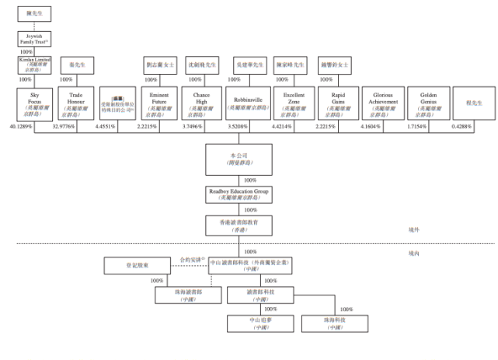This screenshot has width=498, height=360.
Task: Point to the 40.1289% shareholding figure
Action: [22, 126]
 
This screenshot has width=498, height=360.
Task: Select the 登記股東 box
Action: [133, 267]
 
